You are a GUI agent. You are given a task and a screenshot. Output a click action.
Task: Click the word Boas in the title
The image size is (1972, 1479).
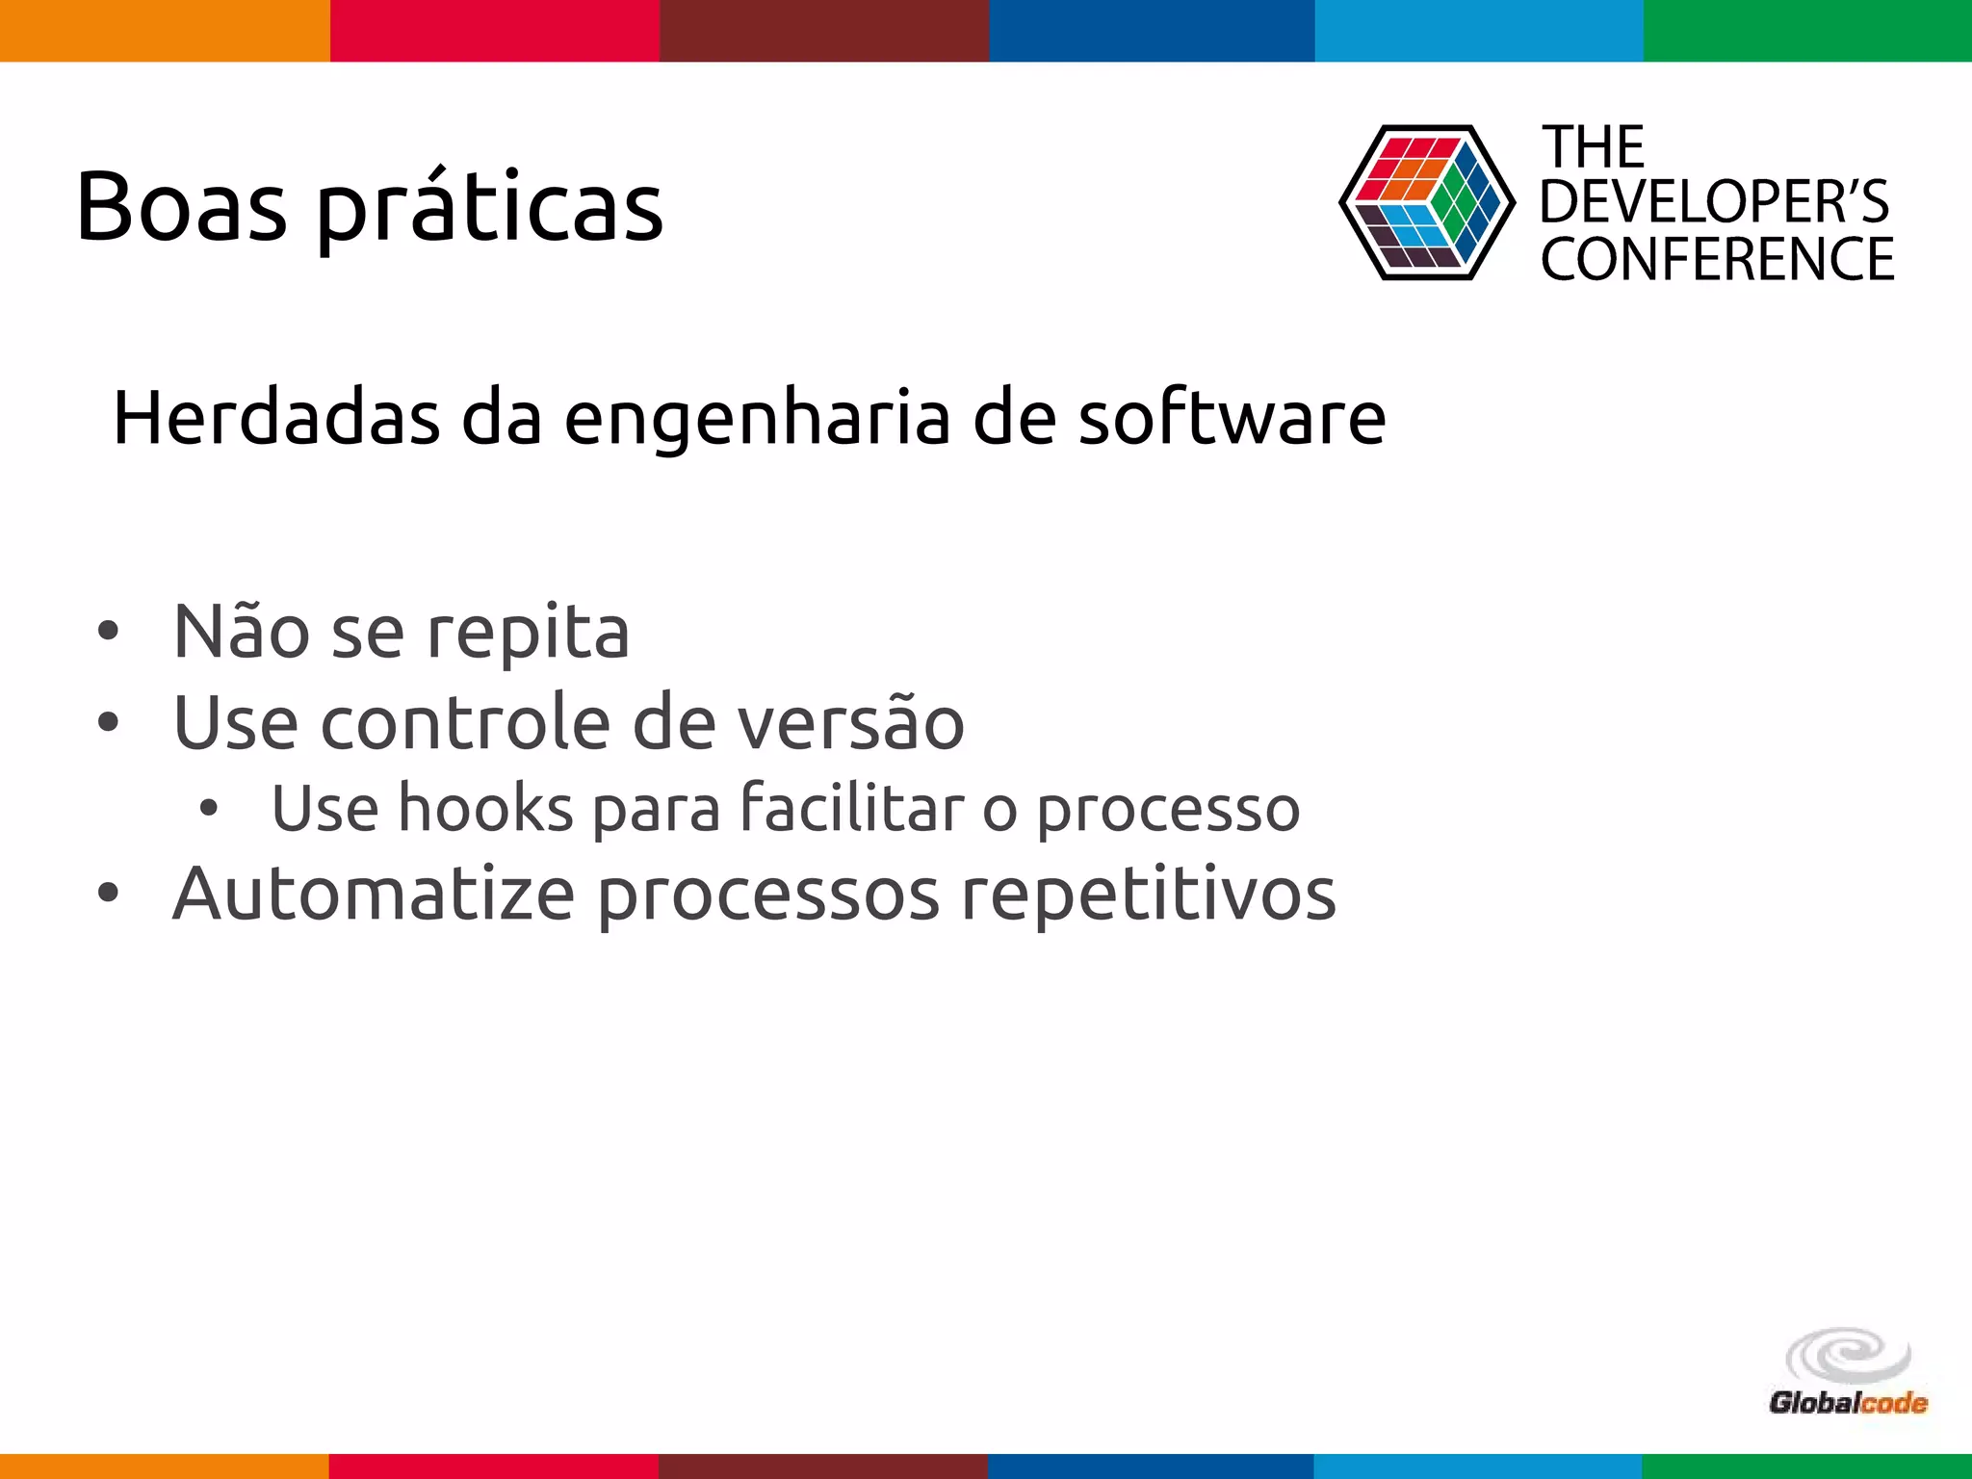[181, 206]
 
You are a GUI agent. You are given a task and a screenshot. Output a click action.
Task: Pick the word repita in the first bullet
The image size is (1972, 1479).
[528, 634]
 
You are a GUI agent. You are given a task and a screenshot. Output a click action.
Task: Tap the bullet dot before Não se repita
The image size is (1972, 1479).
[108, 632]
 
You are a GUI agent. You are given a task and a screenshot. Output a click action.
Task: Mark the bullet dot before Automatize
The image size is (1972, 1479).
[108, 893]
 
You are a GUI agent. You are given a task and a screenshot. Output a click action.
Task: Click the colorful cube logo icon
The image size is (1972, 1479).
[1426, 203]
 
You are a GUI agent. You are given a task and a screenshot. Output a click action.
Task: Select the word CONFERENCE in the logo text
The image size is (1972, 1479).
[1717, 259]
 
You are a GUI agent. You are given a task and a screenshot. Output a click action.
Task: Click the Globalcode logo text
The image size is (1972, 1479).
[1848, 1403]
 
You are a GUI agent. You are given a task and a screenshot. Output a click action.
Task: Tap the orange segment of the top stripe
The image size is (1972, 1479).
[165, 30]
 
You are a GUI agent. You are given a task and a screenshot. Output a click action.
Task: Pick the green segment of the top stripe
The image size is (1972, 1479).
[1807, 30]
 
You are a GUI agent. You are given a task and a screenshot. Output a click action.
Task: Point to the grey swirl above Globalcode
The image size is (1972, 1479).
[1848, 1357]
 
